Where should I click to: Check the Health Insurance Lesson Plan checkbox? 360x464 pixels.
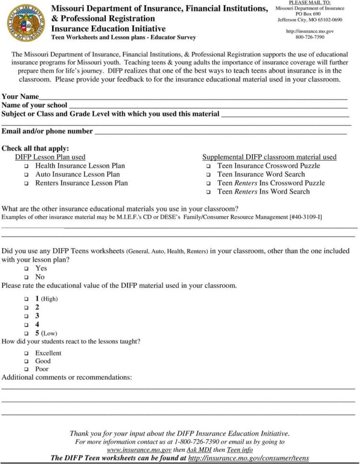pos(26,166)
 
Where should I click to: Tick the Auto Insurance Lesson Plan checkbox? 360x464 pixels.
pos(26,175)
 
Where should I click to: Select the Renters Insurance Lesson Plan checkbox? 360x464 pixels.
pos(26,184)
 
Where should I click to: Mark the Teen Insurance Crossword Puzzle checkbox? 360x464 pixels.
pos(209,166)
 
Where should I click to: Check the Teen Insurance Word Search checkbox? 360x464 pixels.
pos(209,175)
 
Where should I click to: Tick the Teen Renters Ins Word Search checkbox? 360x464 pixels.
pos(209,192)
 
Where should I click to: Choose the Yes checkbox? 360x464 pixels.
pos(26,269)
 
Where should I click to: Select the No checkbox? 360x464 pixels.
pos(26,277)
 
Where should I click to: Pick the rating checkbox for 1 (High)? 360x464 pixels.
pos(26,299)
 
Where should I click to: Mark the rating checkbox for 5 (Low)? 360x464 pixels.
pos(26,333)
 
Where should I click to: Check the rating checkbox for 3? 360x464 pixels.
pos(26,316)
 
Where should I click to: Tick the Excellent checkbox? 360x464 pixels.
pos(26,354)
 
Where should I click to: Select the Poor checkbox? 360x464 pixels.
pos(26,370)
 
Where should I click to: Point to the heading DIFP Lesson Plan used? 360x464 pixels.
pos(50,157)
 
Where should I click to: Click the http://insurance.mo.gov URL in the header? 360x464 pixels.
pos(310,31)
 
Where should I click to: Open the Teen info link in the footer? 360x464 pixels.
pos(240,450)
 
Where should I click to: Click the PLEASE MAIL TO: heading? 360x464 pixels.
pos(310,3)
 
